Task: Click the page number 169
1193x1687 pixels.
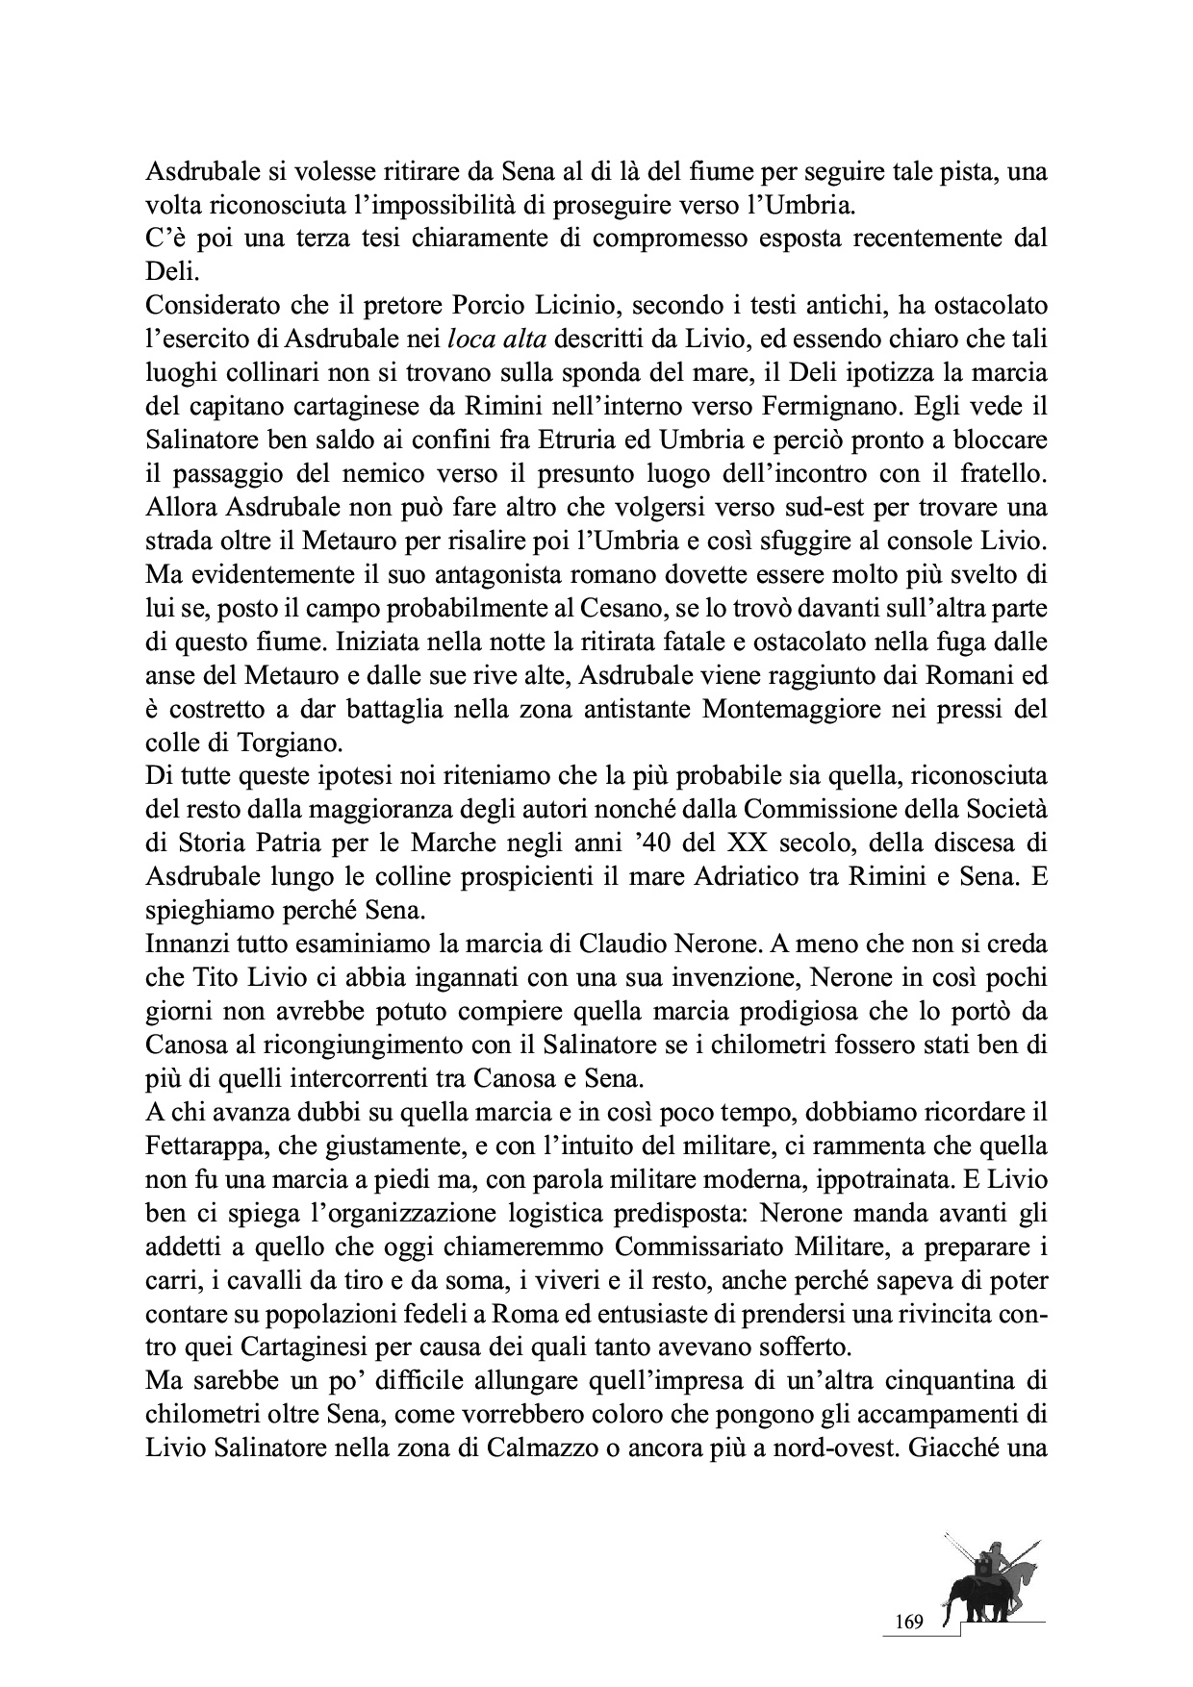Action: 909,1623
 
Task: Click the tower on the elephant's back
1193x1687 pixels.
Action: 982,1569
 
